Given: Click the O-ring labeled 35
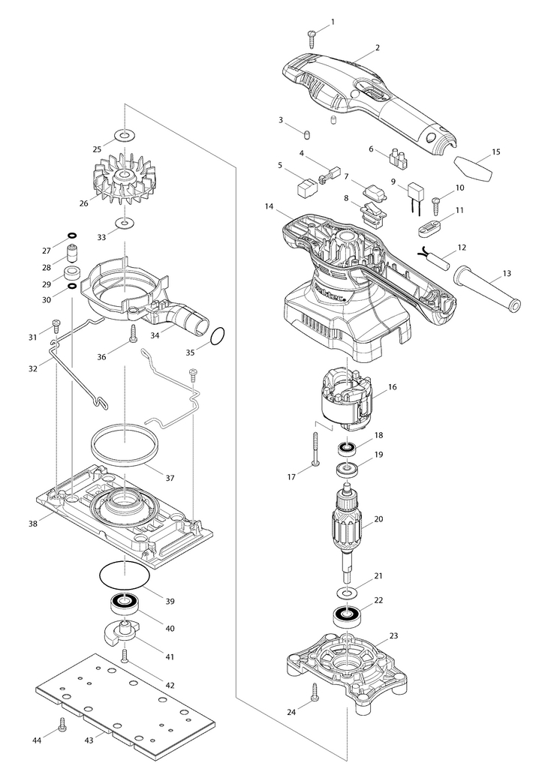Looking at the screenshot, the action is (218, 336).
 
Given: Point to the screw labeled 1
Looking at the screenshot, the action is (312, 36).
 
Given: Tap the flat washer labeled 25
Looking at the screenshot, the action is (122, 135).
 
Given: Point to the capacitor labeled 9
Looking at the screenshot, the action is (417, 198).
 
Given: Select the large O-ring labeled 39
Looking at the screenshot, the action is (124, 575).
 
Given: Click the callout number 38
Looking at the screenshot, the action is (33, 524).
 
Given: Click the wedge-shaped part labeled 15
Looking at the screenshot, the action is (473, 170).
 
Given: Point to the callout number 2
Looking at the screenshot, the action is (378, 48).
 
